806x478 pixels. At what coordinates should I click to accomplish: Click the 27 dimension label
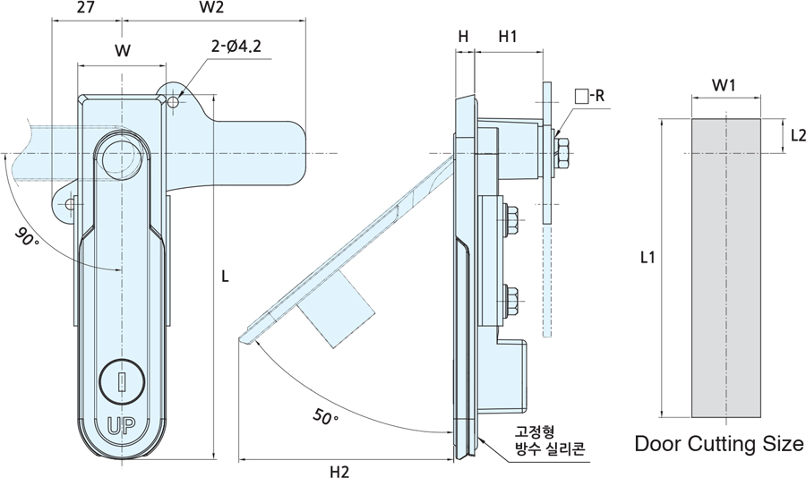tap(86, 7)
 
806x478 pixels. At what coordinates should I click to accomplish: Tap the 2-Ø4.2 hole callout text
tap(236, 47)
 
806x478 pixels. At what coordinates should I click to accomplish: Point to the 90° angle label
tap(27, 237)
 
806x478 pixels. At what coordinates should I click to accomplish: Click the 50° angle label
tap(325, 416)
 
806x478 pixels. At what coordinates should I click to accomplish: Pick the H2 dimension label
tap(339, 472)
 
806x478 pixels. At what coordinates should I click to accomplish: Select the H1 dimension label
tap(508, 37)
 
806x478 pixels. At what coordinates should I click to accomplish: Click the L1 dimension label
tap(647, 257)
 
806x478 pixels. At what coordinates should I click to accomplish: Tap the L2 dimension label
tap(798, 135)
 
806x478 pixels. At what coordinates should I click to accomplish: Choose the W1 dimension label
tap(724, 85)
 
